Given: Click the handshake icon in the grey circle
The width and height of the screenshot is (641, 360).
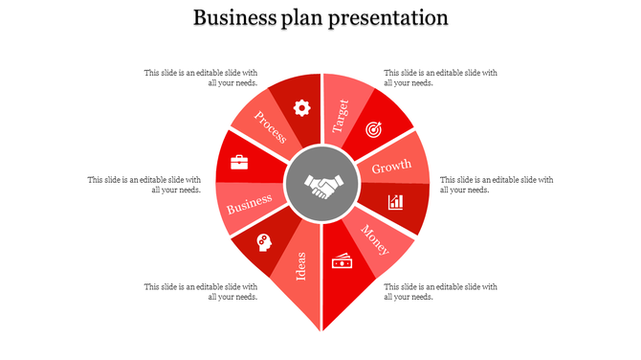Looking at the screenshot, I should (321, 186).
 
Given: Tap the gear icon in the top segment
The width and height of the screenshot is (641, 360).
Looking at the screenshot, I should (301, 107).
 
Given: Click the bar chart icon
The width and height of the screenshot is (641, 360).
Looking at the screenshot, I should (395, 202).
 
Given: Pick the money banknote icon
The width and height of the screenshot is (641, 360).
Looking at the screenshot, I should (342, 261).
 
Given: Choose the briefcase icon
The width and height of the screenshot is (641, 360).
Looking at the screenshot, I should (239, 162).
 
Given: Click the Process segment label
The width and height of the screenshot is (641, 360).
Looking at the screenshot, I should (271, 127).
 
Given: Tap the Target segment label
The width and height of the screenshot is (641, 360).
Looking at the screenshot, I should (341, 116).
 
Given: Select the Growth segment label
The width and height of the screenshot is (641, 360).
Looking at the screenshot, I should (391, 168).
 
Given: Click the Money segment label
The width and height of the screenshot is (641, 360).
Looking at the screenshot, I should (375, 239).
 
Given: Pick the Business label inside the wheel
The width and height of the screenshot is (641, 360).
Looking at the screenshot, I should (250, 203).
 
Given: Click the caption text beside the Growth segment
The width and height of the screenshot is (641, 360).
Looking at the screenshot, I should (496, 184).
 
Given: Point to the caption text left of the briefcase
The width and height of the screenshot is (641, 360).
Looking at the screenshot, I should (144, 184).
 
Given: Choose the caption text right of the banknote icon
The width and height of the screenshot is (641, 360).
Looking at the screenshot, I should (440, 291).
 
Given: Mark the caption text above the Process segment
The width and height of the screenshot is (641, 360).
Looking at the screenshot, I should (201, 77).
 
